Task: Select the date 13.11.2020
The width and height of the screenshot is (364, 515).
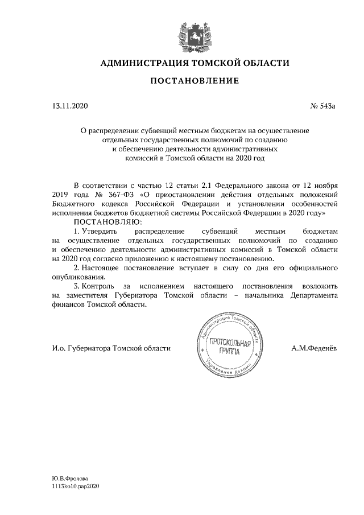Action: coord(67,106)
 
